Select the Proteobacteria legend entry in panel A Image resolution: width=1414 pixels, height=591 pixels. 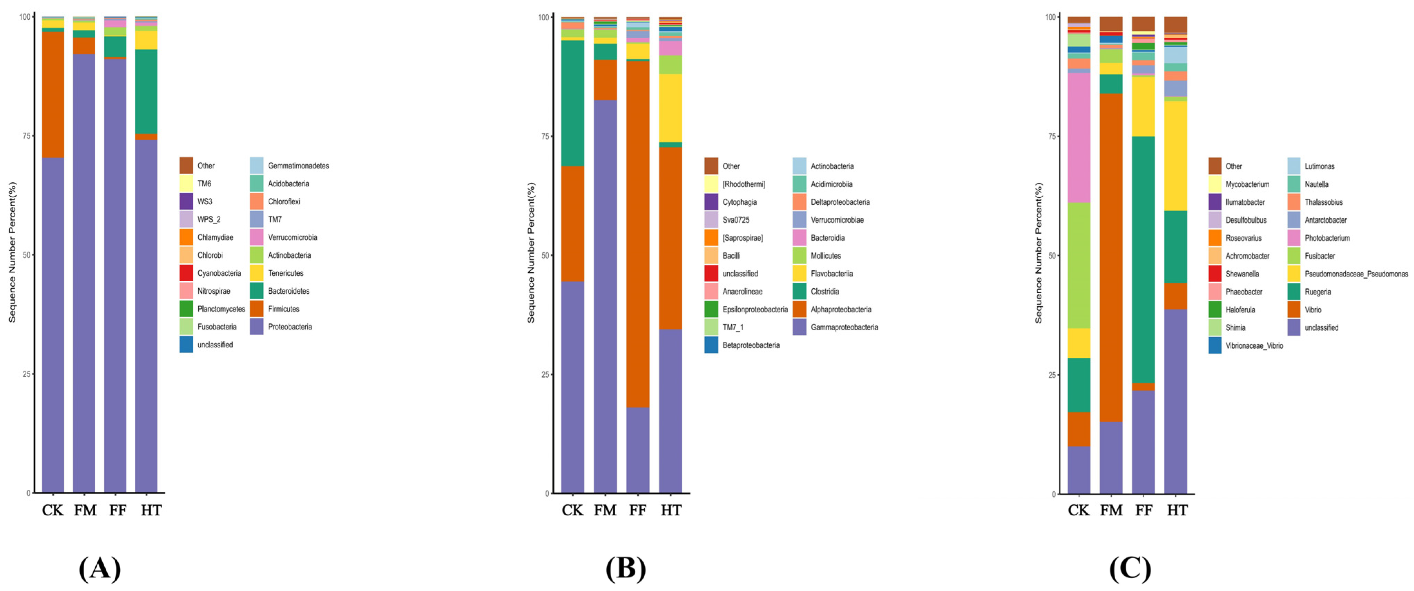(289, 327)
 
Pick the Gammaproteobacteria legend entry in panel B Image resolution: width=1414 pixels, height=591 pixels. (844, 327)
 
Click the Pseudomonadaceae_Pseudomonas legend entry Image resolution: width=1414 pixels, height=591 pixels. (1356, 273)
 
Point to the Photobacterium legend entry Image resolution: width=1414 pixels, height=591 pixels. (1327, 238)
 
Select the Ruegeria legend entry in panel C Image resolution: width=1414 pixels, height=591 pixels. (1317, 292)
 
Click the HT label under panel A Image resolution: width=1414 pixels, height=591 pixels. (151, 510)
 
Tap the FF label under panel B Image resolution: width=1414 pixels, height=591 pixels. (637, 510)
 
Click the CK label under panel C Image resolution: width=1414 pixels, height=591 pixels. (1078, 510)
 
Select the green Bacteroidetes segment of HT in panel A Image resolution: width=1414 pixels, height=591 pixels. (146, 91)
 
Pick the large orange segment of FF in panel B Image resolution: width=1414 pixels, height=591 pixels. (637, 233)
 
